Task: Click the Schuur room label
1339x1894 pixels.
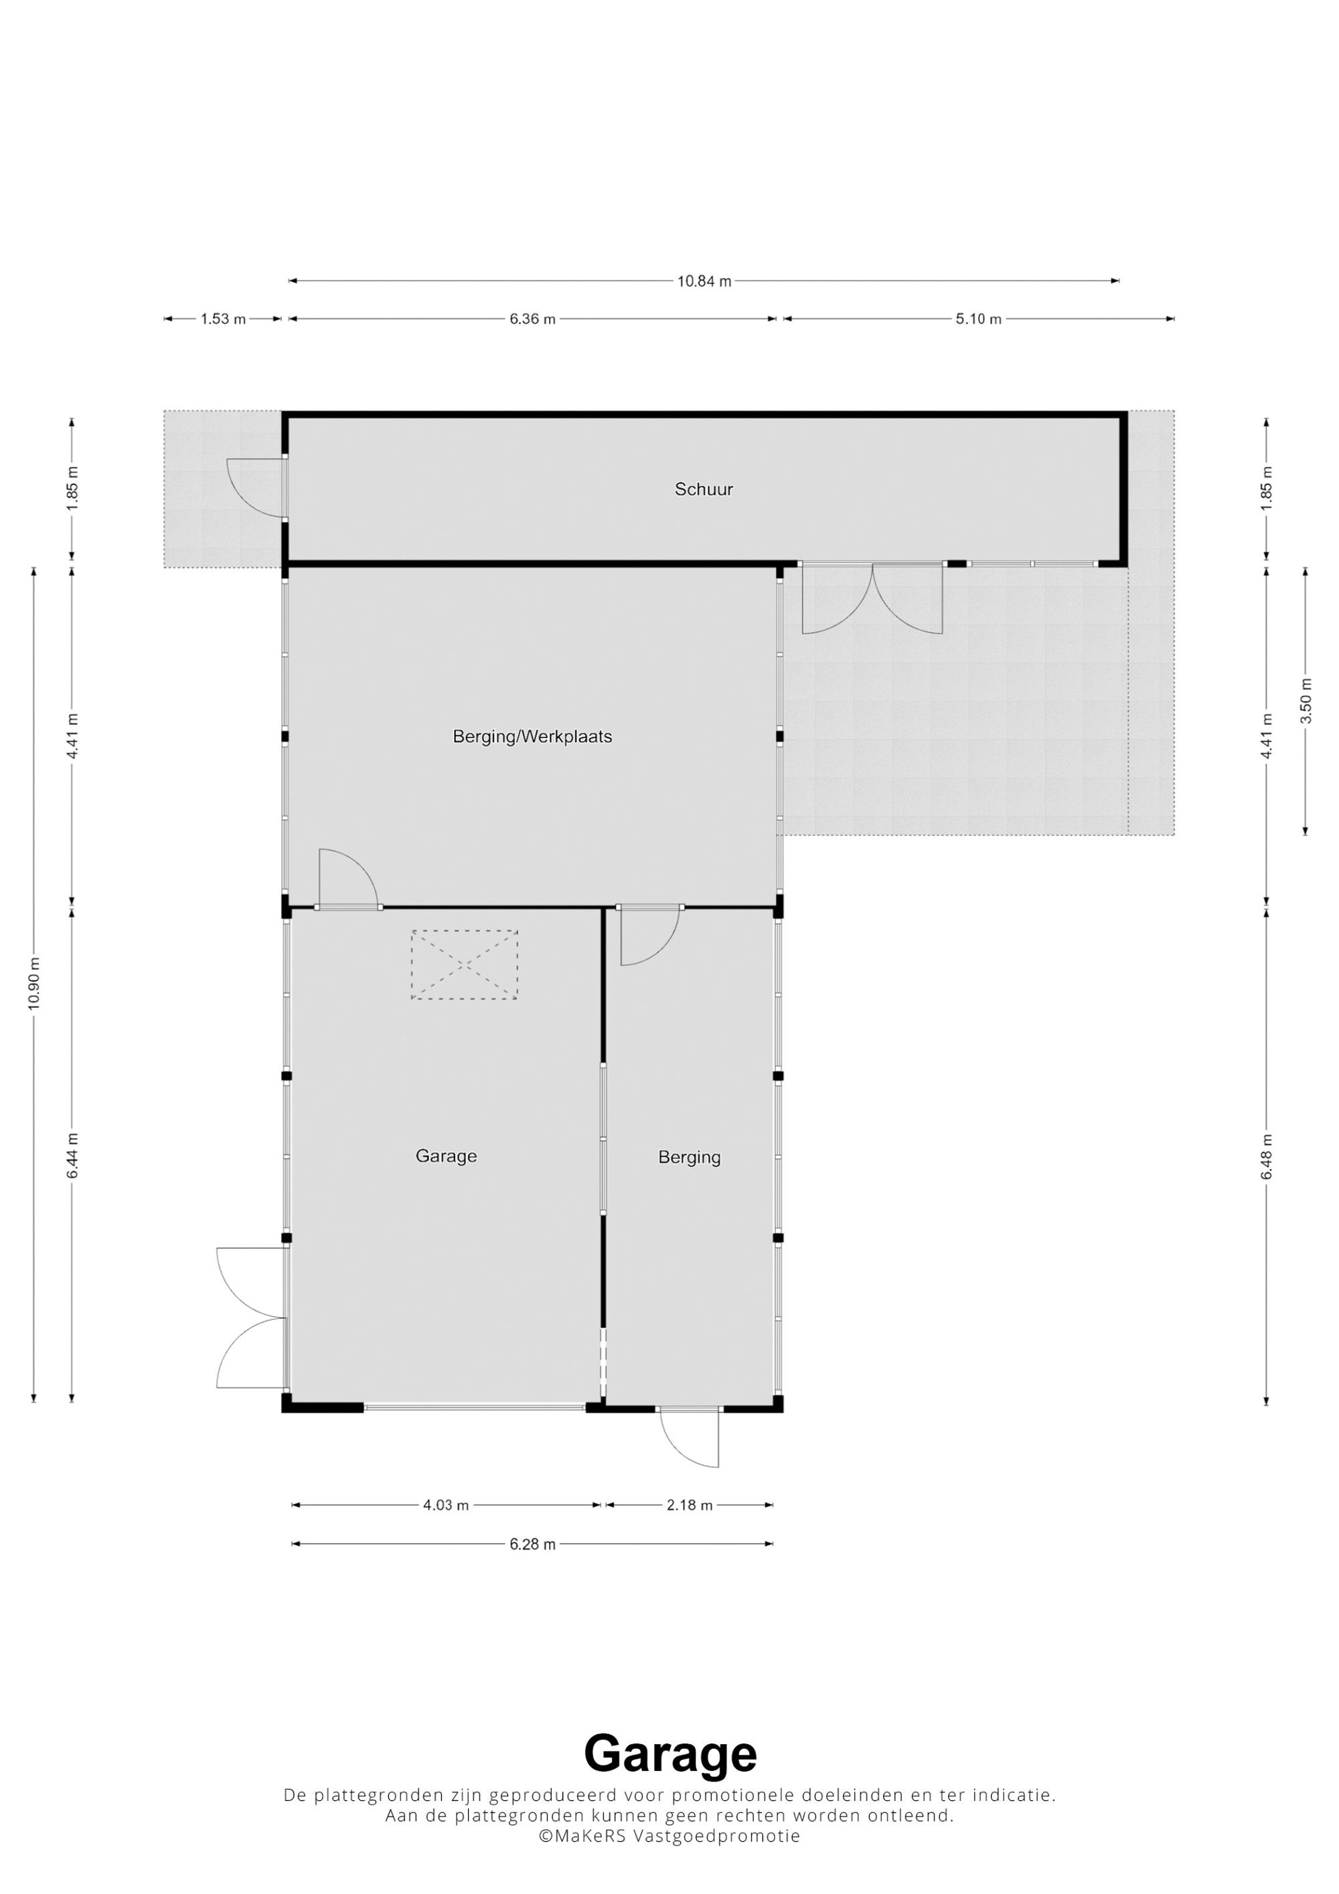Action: coord(704,489)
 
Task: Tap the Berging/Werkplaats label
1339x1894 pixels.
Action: coord(532,737)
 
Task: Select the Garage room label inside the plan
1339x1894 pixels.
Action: coord(445,1156)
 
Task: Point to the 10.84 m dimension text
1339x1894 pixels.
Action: coord(704,280)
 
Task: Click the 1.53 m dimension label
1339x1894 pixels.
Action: coord(223,319)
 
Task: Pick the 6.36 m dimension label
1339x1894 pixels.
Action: coord(532,319)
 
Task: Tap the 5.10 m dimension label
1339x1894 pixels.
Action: coord(978,319)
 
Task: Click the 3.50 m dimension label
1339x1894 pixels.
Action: coord(1305,700)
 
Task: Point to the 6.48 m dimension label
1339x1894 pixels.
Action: coord(1267,1156)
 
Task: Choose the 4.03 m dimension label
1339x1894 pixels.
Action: coord(445,1504)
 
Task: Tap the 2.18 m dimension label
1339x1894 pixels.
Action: coord(689,1504)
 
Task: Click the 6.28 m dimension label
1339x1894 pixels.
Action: coord(532,1543)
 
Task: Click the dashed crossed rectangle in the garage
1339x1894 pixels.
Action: coord(465,964)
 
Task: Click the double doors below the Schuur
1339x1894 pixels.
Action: coord(872,598)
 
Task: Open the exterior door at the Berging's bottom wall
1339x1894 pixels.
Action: coord(690,1437)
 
